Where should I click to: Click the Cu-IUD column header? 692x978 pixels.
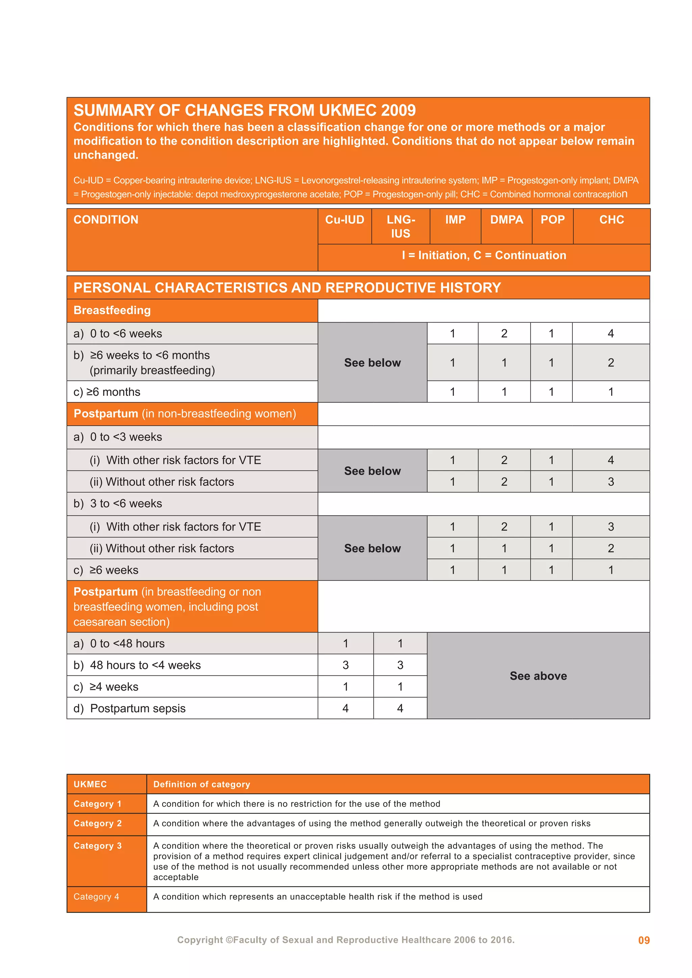pos(345,220)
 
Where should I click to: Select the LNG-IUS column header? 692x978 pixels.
pos(400,226)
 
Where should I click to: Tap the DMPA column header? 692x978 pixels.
pos(506,220)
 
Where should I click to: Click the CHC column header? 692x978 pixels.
pos(612,220)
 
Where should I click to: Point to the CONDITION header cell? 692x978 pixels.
pos(106,220)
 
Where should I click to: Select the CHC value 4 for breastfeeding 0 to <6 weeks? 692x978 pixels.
pos(611,334)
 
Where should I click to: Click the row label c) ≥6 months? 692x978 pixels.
pos(107,392)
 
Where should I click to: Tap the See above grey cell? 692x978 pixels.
pos(538,676)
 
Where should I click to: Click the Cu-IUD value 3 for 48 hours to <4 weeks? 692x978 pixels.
pos(346,665)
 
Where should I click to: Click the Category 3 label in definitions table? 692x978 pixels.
pos(98,846)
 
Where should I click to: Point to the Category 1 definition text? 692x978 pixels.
pos(297,804)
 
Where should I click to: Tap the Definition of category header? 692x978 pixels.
pos(201,784)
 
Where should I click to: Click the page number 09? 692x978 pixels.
pos(643,941)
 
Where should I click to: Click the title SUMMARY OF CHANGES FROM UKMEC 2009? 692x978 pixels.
pos(245,110)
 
